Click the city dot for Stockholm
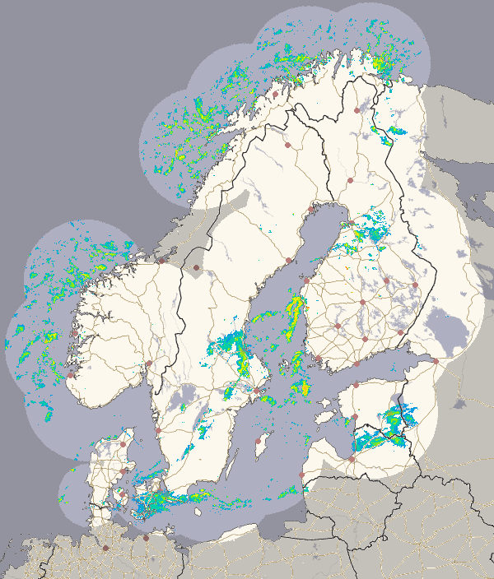click(x=257, y=390)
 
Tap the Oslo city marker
click(x=149, y=363)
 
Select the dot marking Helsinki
click(x=357, y=363)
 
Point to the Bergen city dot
click(x=71, y=375)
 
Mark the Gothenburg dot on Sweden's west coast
click(x=158, y=429)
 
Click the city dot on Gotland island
click(x=258, y=440)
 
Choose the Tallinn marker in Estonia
click(x=355, y=385)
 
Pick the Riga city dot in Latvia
click(x=352, y=459)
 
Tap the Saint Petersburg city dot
click(x=436, y=360)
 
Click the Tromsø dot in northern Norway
click(x=275, y=94)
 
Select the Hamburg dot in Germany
click(x=105, y=548)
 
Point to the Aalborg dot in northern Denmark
click(x=123, y=444)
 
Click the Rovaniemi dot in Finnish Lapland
click(x=349, y=178)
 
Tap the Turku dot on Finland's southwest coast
click(x=319, y=359)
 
